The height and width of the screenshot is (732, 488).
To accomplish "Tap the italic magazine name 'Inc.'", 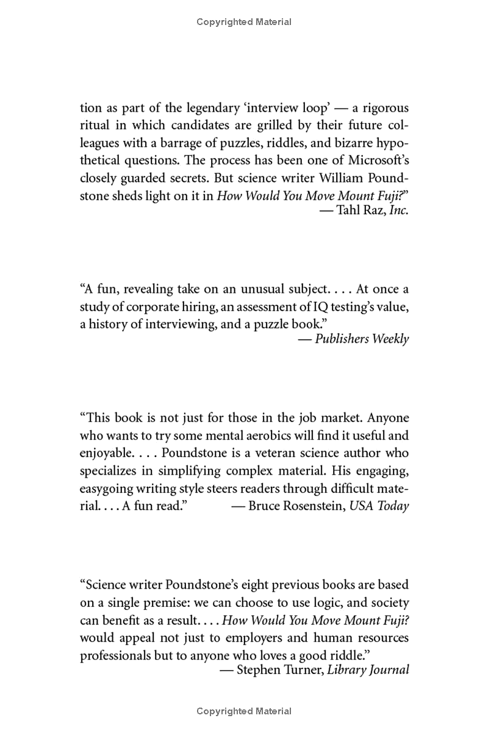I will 398,210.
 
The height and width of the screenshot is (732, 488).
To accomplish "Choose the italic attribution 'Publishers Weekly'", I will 362,339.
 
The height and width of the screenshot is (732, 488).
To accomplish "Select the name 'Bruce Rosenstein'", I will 296,506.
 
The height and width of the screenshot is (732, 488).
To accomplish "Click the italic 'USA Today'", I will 379,506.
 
